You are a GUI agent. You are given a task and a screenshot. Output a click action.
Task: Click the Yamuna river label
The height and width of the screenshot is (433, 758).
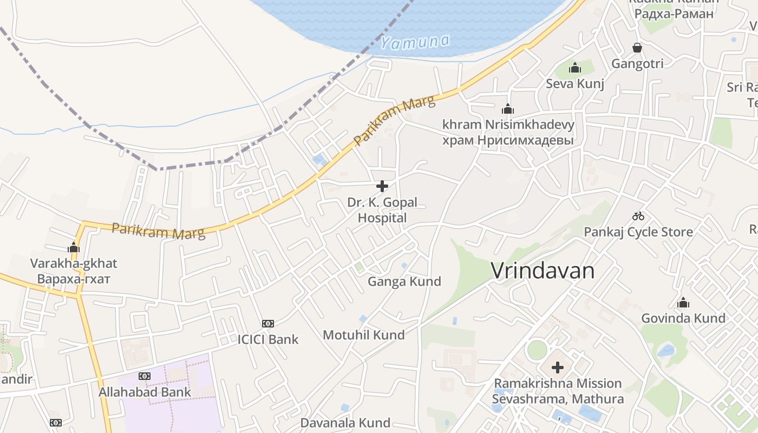pos(415,42)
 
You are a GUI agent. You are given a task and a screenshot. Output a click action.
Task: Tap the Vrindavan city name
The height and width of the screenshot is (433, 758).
pos(543,271)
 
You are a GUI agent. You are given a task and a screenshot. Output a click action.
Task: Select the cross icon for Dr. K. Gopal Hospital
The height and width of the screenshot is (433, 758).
pos(382,186)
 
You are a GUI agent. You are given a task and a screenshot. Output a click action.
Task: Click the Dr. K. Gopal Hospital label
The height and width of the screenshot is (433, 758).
pos(382,210)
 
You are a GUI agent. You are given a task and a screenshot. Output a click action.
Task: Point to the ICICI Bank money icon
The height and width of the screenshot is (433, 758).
pos(268,324)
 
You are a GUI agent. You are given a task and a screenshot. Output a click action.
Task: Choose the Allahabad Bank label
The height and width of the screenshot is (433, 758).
pos(145,392)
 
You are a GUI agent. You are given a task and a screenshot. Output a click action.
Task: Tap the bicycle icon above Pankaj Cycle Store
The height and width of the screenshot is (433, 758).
pos(638,216)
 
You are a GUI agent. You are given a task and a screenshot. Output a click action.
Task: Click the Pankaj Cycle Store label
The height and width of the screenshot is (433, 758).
pos(638,232)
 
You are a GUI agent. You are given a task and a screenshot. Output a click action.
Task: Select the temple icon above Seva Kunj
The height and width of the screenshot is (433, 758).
pos(575,68)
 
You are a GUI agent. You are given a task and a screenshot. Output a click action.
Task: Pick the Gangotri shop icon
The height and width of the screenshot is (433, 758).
pos(637,48)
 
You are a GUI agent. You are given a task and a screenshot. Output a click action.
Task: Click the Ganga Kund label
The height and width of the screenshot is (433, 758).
pos(404,281)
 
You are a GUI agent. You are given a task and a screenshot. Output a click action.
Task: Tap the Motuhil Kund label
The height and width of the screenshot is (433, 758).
pos(364,335)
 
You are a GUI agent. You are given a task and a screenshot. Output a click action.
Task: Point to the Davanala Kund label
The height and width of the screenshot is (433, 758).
pos(345,423)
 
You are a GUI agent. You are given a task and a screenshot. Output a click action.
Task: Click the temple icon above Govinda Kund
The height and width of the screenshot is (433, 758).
pos(683,303)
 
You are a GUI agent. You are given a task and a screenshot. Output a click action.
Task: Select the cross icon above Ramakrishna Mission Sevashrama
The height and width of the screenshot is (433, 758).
pos(558,368)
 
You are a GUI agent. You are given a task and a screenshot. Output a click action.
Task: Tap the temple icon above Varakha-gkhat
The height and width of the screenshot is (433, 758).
pos(74,248)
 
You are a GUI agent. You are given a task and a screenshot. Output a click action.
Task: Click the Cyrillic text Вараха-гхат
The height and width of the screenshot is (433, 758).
pos(74,279)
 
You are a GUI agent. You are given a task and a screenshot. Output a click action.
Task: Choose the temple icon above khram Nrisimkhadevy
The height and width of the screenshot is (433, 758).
pos(508,109)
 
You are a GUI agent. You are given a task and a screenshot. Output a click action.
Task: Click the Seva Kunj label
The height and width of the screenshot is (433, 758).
pos(575,84)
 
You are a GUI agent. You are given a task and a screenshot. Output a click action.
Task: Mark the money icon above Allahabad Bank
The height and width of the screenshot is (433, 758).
pos(145,376)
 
